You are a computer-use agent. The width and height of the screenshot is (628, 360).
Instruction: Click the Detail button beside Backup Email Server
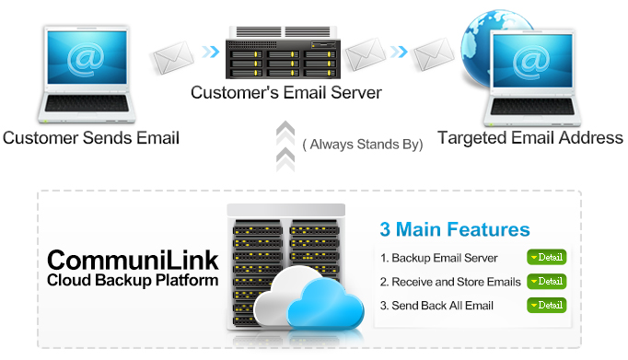pyautogui.click(x=546, y=258)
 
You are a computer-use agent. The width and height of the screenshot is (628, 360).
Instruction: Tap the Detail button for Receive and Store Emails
pyautogui.click(x=546, y=281)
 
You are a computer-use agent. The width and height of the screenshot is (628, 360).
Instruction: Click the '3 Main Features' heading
pyautogui.click(x=455, y=229)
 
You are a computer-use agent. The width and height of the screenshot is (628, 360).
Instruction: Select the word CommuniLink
pyautogui.click(x=133, y=259)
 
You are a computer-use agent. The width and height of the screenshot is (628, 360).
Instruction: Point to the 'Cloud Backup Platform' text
pyautogui.click(x=133, y=279)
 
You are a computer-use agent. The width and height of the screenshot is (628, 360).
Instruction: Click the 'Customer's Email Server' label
pyautogui.click(x=285, y=93)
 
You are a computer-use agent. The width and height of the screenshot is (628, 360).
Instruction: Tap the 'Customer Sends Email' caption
pyautogui.click(x=90, y=138)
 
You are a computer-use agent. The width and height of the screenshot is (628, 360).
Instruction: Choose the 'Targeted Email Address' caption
pyautogui.click(x=529, y=138)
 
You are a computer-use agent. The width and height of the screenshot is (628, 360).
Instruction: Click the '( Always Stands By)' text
pyautogui.click(x=363, y=145)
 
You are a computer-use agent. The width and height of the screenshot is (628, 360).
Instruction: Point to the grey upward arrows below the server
pyautogui.click(x=285, y=145)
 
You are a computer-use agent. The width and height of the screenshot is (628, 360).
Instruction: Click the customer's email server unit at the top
pyautogui.click(x=285, y=54)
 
